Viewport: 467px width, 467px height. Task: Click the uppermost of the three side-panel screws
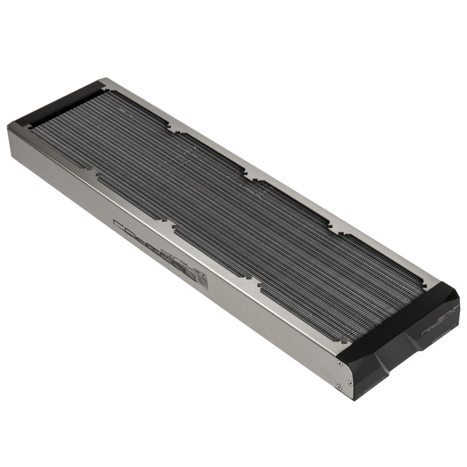pos(340,363)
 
